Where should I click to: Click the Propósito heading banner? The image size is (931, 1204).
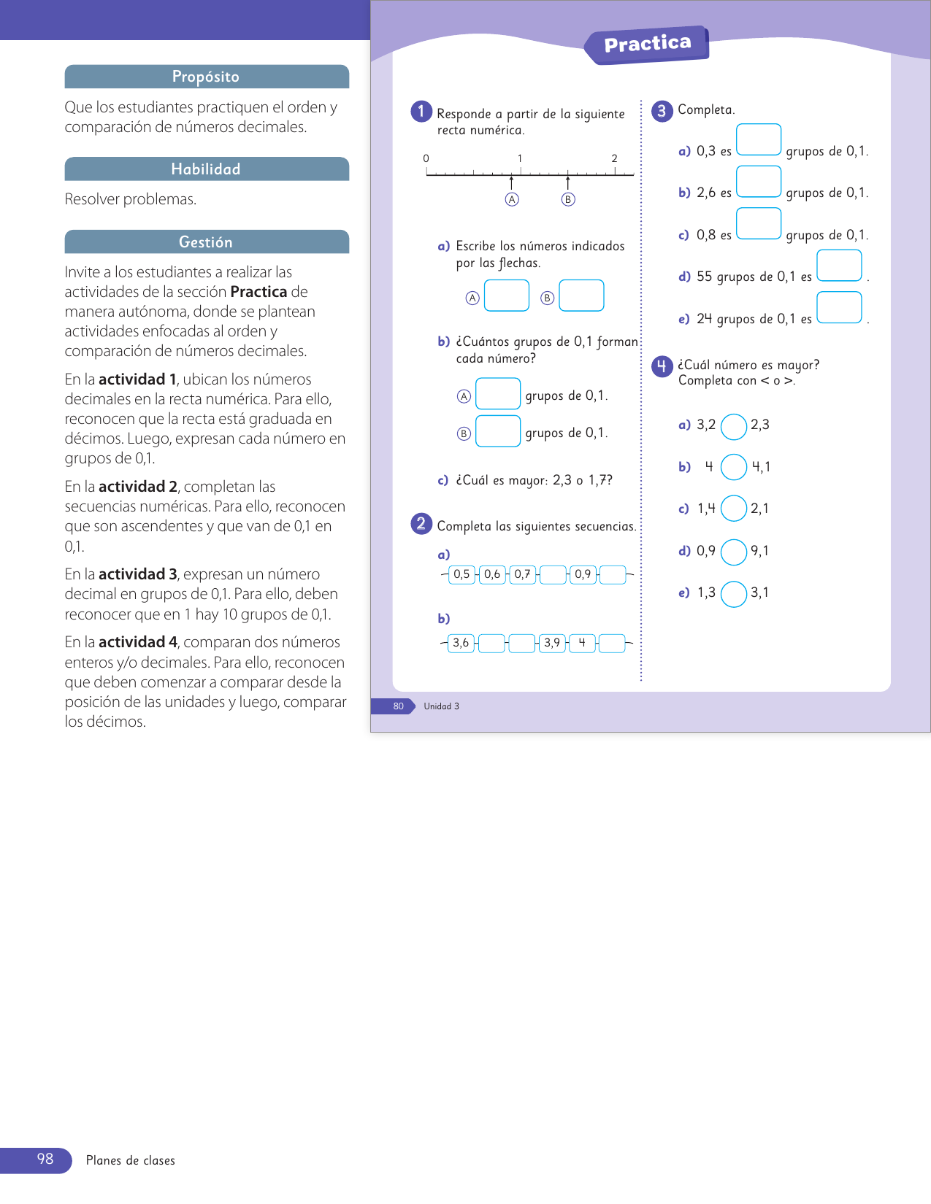207,77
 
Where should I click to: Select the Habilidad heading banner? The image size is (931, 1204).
207,169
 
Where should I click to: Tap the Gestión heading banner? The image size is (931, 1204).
207,242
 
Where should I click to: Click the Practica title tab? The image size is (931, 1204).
647,45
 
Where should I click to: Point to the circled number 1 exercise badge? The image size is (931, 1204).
421,112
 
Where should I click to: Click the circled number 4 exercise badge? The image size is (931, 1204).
662,366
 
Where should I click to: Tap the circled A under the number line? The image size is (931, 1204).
512,199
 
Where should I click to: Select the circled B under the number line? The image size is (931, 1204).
568,199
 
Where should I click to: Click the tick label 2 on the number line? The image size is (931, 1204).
614,158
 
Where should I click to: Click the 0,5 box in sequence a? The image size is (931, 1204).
461,574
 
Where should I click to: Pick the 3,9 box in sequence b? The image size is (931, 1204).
552,643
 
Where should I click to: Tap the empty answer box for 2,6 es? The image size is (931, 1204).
759,182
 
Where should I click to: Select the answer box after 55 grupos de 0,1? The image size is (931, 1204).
839,266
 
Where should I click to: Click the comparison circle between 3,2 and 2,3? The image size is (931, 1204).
734,427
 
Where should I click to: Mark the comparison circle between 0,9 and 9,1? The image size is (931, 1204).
734,552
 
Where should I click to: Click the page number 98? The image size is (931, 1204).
45,1159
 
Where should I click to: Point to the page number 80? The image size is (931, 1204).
398,706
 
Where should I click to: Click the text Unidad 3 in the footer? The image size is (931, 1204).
442,706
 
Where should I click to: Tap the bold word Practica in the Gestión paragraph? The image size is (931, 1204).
258,292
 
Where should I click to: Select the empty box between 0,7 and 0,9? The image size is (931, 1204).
553,575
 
